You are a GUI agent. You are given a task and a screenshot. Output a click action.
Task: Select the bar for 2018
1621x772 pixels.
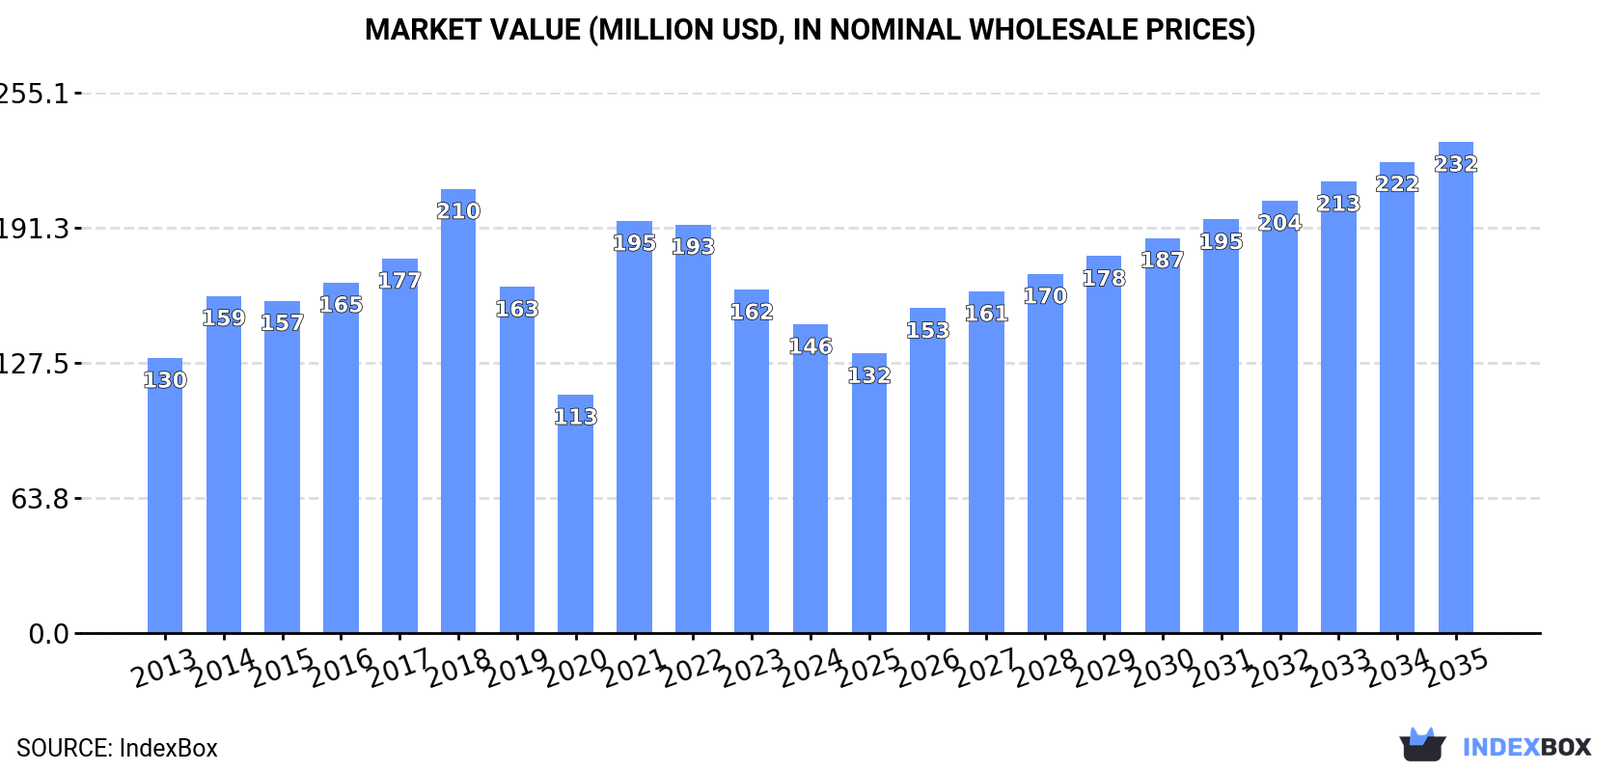[x=458, y=425]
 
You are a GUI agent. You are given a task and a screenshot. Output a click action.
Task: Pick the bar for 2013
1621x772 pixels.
[x=165, y=502]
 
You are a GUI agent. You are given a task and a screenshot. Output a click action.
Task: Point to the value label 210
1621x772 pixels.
[x=458, y=211]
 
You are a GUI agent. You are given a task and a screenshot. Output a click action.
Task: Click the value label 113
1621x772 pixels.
[x=575, y=417]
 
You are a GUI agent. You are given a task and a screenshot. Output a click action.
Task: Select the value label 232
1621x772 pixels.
[x=1455, y=164]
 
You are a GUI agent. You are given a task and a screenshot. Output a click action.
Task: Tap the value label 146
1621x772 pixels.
[x=810, y=346]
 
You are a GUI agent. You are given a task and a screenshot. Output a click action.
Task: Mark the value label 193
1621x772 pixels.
[x=693, y=247]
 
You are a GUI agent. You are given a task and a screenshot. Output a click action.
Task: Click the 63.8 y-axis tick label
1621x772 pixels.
[x=40, y=499]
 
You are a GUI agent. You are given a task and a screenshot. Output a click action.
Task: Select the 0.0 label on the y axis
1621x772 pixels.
[x=48, y=634]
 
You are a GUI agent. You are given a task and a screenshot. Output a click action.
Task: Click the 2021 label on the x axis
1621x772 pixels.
[x=634, y=668]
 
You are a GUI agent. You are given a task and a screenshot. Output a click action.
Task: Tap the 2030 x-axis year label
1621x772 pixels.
[x=1162, y=668]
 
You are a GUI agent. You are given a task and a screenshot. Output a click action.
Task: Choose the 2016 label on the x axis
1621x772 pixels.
[x=341, y=668]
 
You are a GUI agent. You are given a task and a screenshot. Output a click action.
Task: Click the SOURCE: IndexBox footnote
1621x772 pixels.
[x=117, y=748]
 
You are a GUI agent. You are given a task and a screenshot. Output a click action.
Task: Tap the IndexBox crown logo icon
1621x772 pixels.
[x=1422, y=745]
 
